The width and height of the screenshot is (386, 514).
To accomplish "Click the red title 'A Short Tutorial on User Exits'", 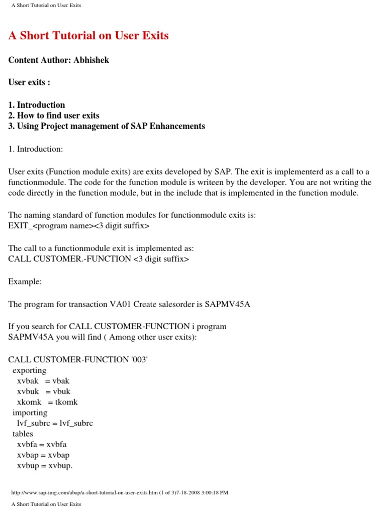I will click(88, 36).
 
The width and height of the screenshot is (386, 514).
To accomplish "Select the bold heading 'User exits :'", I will click(29, 82).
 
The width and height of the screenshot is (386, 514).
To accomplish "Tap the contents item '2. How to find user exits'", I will click(54, 115).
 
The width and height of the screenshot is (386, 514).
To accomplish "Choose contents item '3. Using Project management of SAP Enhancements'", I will click(107, 126).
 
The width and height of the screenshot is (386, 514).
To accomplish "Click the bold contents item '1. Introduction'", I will click(37, 105).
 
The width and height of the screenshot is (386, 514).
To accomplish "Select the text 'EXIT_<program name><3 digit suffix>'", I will click(79, 225).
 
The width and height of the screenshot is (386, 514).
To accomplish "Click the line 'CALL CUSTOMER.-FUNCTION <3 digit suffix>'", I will click(99, 259).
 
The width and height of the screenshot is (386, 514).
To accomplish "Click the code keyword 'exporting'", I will click(29, 370).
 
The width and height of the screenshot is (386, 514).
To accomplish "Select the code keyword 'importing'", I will click(30, 413).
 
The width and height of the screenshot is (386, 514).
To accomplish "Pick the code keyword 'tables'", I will click(23, 434).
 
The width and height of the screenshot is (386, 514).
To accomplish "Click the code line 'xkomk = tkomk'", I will click(47, 402).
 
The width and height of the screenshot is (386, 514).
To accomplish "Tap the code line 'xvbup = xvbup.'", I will click(45, 465).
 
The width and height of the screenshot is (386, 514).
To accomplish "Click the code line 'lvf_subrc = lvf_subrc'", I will click(55, 423).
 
